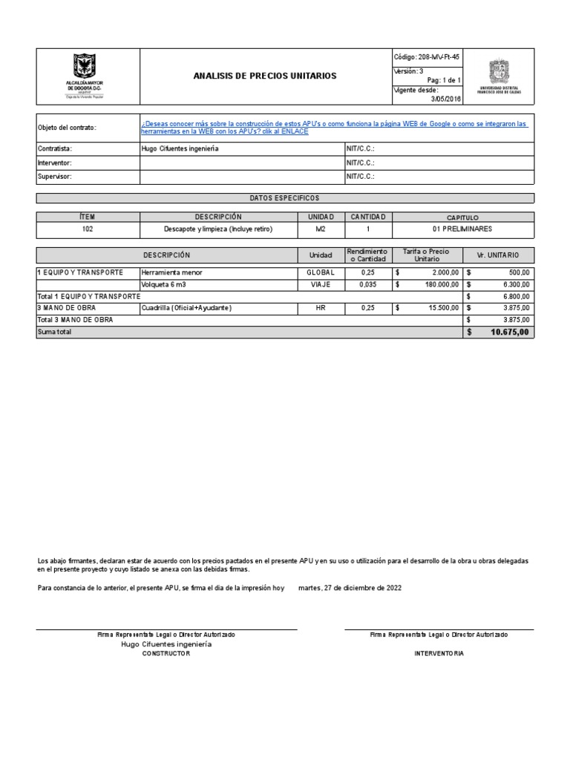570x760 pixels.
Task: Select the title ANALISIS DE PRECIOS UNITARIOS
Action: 264,76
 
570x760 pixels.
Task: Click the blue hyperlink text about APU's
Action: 334,128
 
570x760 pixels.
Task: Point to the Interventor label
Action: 55,163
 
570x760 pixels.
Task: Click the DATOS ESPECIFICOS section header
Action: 284,198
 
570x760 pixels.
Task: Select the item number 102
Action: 88,229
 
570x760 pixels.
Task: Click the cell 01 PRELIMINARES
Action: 462,229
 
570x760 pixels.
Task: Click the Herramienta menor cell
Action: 171,272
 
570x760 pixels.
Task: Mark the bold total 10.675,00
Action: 509,332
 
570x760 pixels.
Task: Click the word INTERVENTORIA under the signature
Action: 439,653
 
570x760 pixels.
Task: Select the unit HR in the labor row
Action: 320,308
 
